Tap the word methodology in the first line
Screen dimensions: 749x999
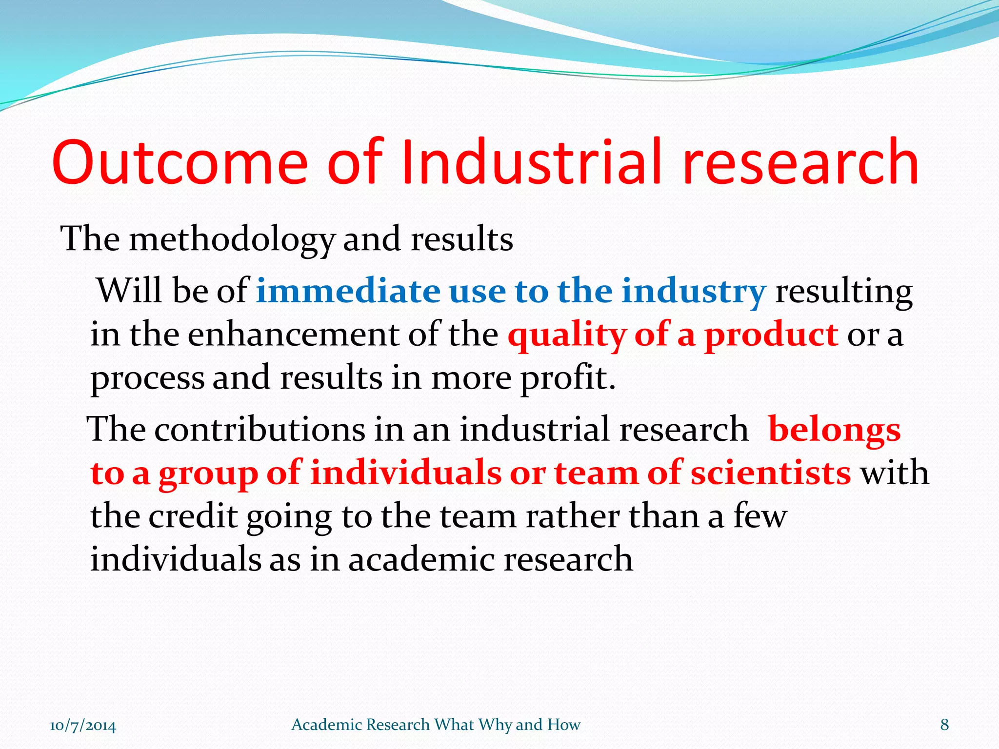[232, 240]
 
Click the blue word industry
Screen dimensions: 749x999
[693, 291]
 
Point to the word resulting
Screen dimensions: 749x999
[843, 291]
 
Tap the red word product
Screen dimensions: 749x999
[771, 335]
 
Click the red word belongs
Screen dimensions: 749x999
[834, 430]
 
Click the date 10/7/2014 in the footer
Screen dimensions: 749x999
[83, 725]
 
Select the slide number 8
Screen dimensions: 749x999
[944, 725]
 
